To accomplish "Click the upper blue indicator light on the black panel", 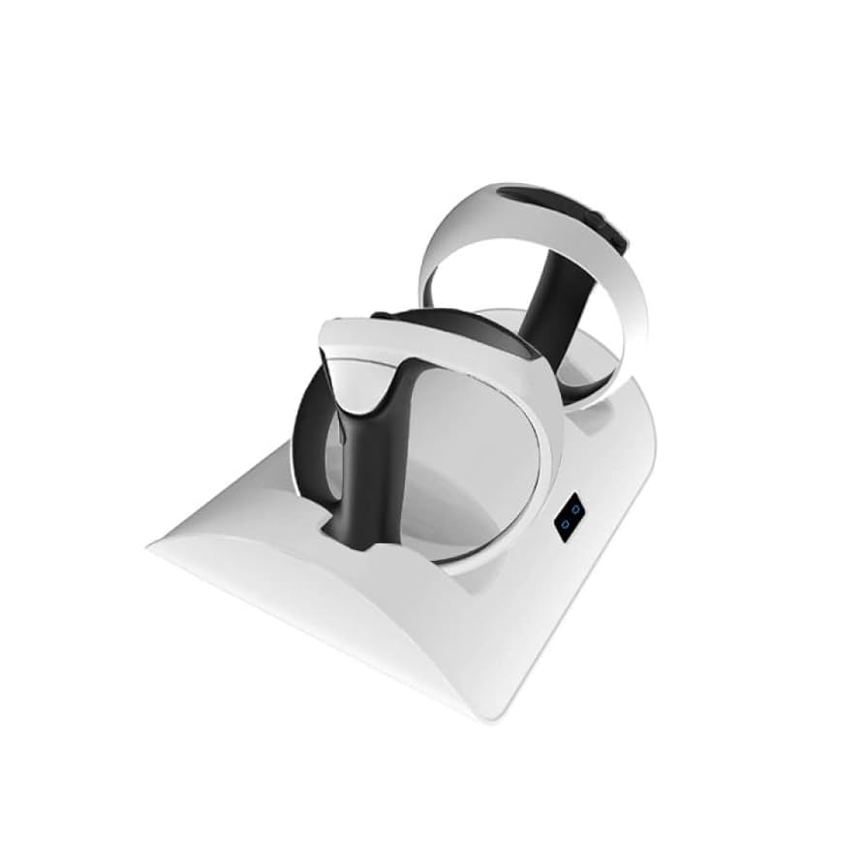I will click(x=574, y=509).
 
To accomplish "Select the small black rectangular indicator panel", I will click(x=570, y=517).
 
